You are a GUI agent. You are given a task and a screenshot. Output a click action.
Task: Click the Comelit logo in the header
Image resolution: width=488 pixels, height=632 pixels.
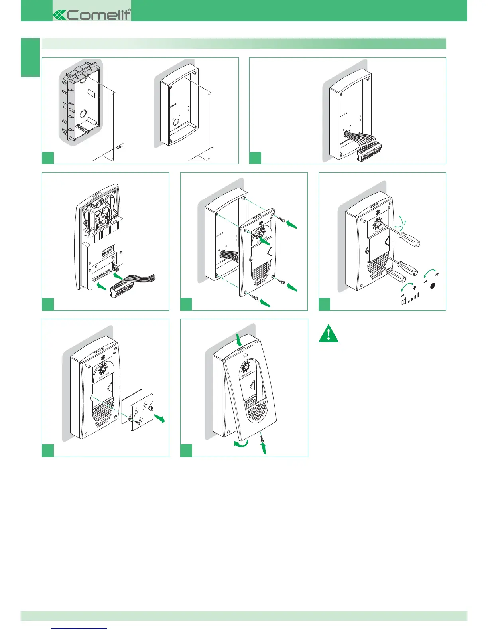coord(92,15)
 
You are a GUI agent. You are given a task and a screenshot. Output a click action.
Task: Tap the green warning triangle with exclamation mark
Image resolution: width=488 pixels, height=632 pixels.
coord(329,334)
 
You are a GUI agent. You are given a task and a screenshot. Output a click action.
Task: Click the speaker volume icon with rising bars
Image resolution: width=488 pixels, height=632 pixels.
coord(410,298)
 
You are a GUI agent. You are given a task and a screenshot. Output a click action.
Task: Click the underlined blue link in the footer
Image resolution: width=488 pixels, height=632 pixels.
coord(79,628)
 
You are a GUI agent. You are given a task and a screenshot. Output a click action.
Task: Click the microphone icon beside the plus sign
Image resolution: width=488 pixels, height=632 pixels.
coord(432,285)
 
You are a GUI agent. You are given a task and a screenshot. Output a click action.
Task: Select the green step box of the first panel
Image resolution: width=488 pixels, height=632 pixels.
coord(48,158)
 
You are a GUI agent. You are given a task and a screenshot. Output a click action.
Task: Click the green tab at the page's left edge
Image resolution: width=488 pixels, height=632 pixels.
coord(30,57)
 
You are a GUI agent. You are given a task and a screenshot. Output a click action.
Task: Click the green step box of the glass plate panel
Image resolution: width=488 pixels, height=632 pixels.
coord(48,451)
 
